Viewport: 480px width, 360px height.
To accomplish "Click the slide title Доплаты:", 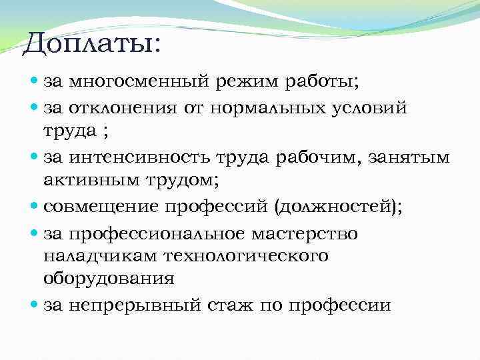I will [91, 45].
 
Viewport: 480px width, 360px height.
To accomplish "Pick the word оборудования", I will [107, 279].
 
